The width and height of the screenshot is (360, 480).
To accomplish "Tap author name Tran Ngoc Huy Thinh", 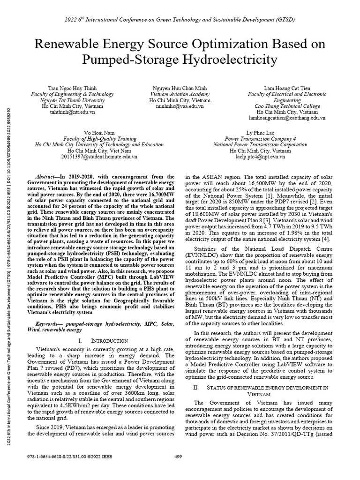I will point(72,88).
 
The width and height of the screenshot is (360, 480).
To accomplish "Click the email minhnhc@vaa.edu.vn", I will point(180,106).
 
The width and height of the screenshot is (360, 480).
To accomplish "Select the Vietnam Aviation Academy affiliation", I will point(180,94).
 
